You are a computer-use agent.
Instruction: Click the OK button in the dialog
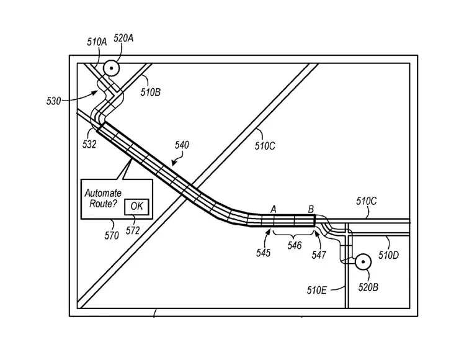pos(136,207)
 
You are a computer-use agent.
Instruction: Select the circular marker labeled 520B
pos(360,261)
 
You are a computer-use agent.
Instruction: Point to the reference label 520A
pos(123,38)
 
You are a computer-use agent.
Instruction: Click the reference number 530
pos(54,99)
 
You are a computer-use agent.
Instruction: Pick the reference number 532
pos(89,144)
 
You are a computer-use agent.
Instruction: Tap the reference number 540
pos(182,145)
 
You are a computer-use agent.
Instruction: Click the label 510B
pos(150,93)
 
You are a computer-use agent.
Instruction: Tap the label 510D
pos(388,255)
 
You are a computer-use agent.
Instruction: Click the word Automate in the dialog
pos(103,193)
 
